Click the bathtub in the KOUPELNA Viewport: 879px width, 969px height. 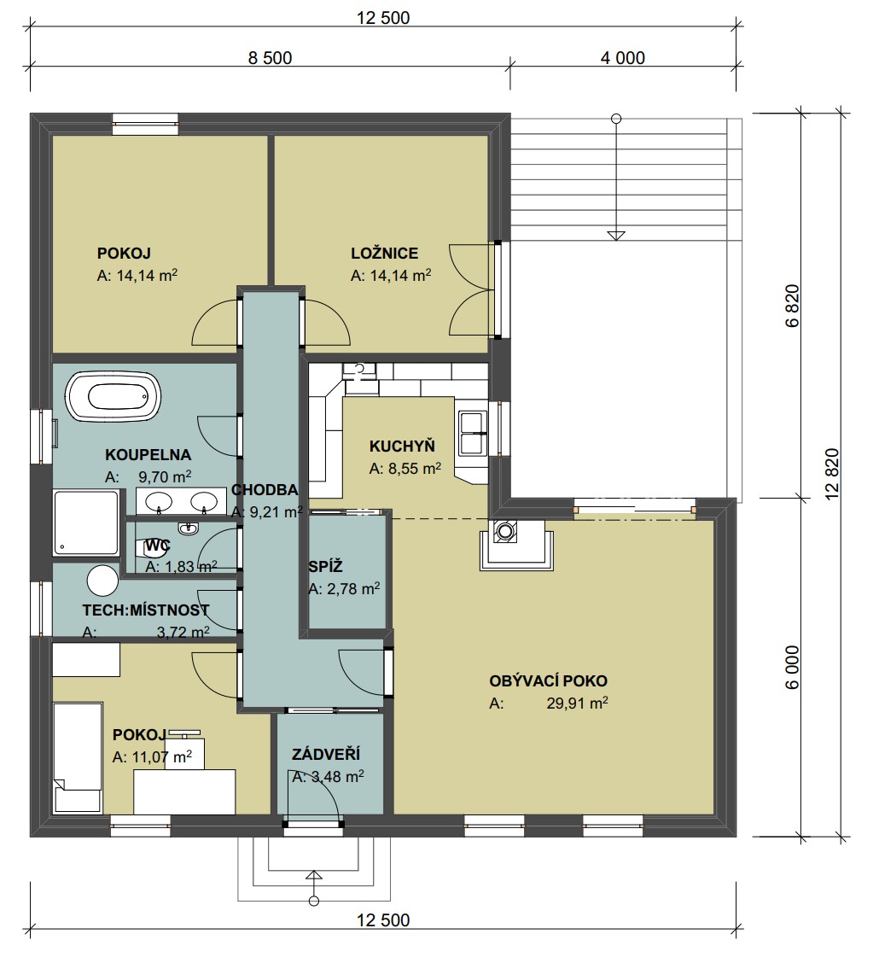(x=113, y=397)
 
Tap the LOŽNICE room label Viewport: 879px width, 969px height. (x=384, y=254)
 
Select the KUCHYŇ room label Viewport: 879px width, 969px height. (x=402, y=447)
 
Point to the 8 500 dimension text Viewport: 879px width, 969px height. (x=270, y=58)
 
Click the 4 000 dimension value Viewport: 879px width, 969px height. (x=623, y=58)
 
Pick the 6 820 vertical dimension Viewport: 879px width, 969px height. (x=793, y=306)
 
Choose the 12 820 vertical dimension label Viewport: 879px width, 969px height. (x=832, y=473)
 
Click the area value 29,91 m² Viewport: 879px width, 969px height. (x=577, y=703)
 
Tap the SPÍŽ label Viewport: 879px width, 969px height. (x=325, y=566)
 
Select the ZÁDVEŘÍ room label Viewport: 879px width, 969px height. (x=326, y=755)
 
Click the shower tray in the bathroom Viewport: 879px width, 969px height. (x=86, y=522)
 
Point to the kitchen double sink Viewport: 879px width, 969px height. (x=473, y=433)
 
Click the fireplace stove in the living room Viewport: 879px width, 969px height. (x=516, y=544)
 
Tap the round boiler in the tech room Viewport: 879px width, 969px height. (x=102, y=581)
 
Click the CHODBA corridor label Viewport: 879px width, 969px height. (x=265, y=490)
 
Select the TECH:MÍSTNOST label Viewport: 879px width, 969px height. (x=146, y=610)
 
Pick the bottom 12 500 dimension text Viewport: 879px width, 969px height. (x=383, y=920)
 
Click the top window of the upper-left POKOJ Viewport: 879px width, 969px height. (x=145, y=124)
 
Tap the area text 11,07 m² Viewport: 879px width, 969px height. (x=161, y=757)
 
